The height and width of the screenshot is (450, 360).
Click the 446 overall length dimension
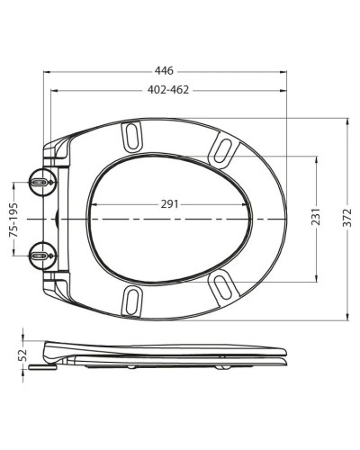tap(164, 69)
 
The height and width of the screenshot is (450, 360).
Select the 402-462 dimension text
tap(168, 89)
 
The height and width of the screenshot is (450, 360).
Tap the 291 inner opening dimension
tap(168, 203)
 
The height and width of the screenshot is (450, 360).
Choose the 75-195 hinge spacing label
tap(12, 219)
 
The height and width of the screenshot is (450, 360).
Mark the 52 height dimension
tap(23, 354)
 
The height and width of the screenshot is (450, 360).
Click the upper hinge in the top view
tap(40, 181)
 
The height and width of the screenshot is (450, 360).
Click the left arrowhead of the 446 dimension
tap(45, 76)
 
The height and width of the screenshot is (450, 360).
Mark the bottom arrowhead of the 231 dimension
tap(316, 277)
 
